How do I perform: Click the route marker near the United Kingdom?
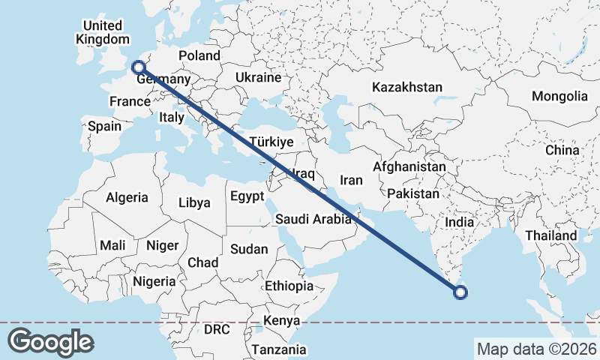pos(138,67)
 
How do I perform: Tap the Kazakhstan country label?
pos(407,88)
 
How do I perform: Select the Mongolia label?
pos(559,96)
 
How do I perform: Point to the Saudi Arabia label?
pos(313,220)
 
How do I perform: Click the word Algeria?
pos(127,198)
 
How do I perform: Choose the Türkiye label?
pos(271,142)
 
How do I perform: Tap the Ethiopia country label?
pos(289,286)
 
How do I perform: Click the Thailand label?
pos(551,235)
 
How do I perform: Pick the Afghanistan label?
pos(409,166)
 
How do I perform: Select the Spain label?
pos(104,126)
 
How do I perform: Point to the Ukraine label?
pos(258,77)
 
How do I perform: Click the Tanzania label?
pos(279,349)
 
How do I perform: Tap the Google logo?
pos(50,342)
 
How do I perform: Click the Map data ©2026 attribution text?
pos(536,349)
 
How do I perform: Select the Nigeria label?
pos(154,281)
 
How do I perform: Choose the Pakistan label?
pos(413,193)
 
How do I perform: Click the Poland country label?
pos(199,55)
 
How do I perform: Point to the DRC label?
pos(217,329)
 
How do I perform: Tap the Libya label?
pos(194,202)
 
